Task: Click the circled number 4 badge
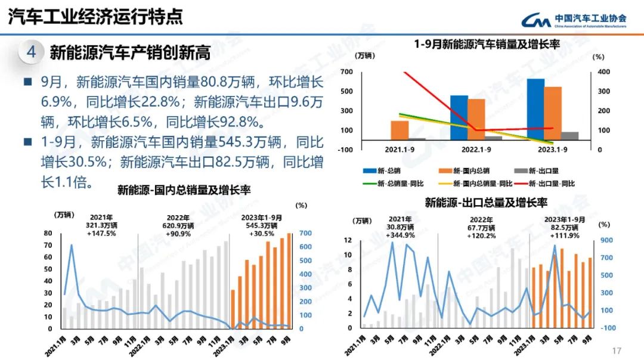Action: [x=31, y=52]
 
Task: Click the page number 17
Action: [x=617, y=350]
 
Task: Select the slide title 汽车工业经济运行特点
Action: [x=95, y=17]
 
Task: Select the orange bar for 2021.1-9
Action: [x=400, y=130]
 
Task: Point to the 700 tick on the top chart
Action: [x=347, y=72]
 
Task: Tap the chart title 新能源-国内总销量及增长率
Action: [x=184, y=190]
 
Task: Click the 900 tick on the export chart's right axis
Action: [x=605, y=240]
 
